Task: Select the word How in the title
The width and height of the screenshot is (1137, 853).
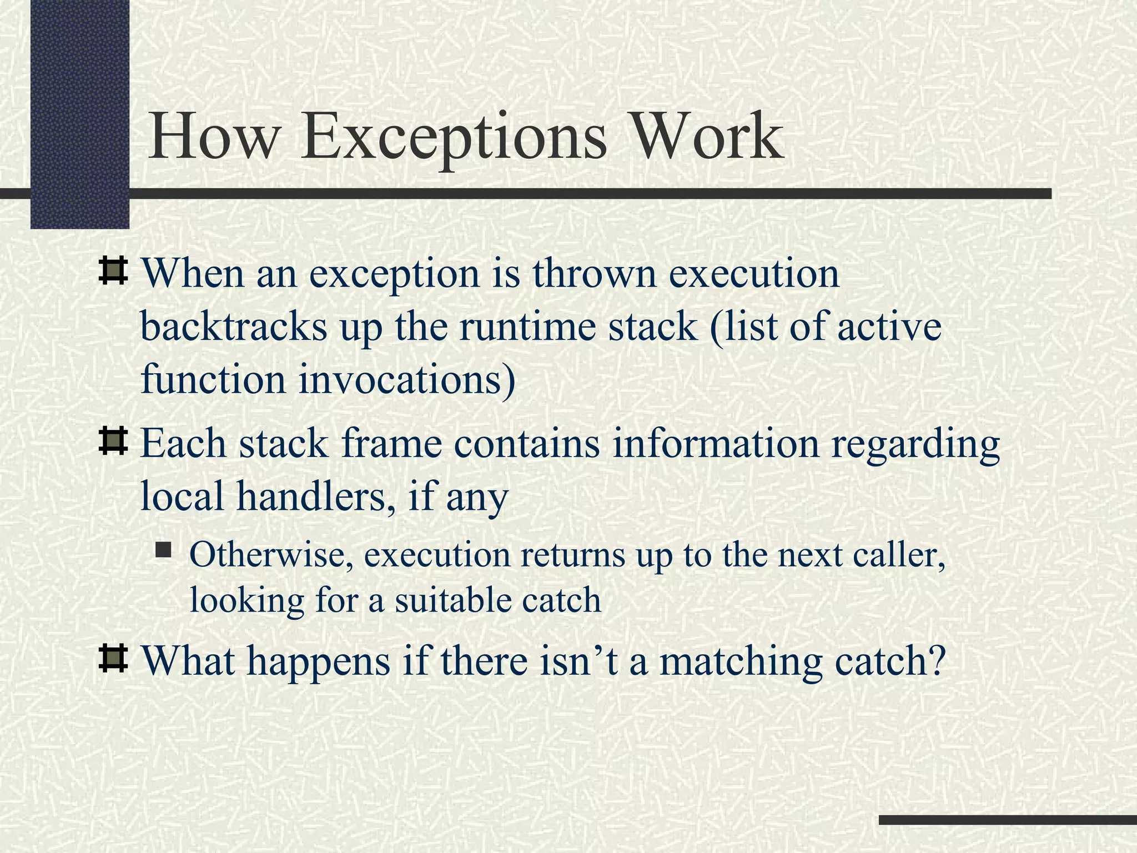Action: pyautogui.click(x=213, y=136)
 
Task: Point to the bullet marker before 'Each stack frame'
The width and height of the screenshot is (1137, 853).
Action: pyautogui.click(x=113, y=441)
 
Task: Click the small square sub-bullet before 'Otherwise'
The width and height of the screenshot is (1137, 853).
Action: pyautogui.click(x=163, y=550)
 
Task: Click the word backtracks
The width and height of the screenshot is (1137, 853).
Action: pyautogui.click(x=234, y=327)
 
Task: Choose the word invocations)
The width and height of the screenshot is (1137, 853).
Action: pyautogui.click(x=407, y=380)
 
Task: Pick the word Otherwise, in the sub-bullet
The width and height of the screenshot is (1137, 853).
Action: pyautogui.click(x=271, y=555)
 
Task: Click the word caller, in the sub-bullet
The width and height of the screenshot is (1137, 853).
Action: pyautogui.click(x=899, y=555)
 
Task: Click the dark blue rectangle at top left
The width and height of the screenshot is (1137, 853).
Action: pyautogui.click(x=79, y=111)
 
